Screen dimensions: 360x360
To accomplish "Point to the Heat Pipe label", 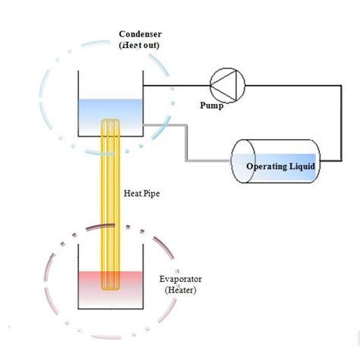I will point(142,193).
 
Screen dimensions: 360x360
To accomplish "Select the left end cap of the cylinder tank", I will point(241,160).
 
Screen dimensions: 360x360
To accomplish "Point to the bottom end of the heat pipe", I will point(112,289).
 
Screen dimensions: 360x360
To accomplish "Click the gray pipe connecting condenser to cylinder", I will point(186,144).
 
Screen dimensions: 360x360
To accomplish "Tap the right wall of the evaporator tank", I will point(145,285).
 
